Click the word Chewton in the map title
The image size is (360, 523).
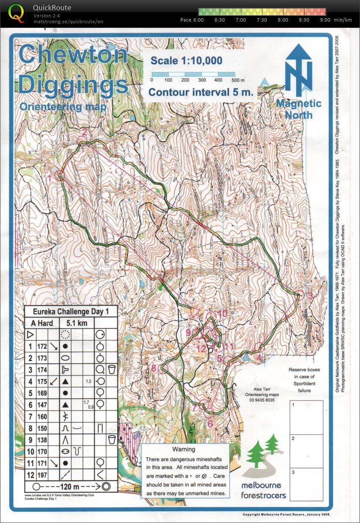click(73, 55)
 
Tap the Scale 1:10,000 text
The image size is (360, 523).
click(186, 61)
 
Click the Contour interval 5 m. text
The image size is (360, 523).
click(201, 92)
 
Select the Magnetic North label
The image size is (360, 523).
click(298, 109)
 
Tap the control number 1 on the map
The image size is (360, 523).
click(49, 178)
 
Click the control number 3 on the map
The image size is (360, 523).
click(310, 296)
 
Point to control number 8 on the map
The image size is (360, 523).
click(154, 368)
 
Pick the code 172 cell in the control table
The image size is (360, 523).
click(42, 346)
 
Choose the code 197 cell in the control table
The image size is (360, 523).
click(42, 475)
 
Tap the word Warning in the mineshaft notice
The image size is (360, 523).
click(184, 449)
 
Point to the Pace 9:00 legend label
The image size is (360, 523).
click(325, 20)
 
